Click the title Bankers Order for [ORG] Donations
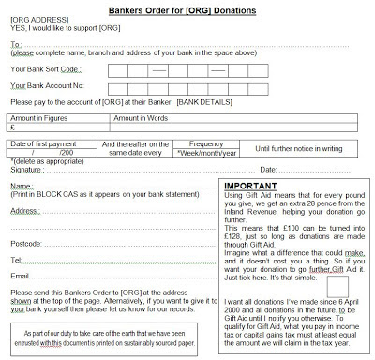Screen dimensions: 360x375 187,9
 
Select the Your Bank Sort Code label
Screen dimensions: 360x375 45,69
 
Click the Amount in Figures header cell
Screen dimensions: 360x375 37,118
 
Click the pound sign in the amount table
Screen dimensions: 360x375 12,127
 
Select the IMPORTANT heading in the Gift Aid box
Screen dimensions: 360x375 253,186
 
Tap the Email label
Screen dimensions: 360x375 21,276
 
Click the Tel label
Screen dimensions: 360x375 16,259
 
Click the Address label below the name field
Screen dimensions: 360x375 25,212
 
